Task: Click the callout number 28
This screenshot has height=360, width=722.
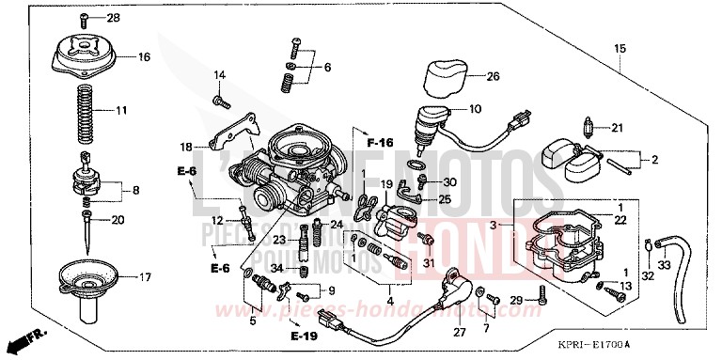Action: (x=113, y=19)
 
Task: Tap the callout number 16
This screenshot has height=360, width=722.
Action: (x=144, y=57)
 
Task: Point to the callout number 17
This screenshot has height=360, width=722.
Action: (x=144, y=277)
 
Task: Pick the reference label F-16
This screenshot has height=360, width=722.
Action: (x=379, y=142)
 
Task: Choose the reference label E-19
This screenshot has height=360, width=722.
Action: (x=304, y=336)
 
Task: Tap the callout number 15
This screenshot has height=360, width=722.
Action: (x=620, y=48)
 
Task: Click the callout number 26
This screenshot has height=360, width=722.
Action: (x=494, y=77)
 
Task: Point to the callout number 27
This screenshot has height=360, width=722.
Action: (x=460, y=331)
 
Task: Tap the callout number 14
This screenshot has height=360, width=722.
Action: (x=220, y=75)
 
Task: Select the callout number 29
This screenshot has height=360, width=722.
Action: (x=515, y=299)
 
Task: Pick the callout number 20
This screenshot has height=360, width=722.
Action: (x=118, y=221)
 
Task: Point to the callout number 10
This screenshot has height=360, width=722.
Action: (x=474, y=109)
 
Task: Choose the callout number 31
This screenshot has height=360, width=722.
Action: (x=430, y=263)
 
